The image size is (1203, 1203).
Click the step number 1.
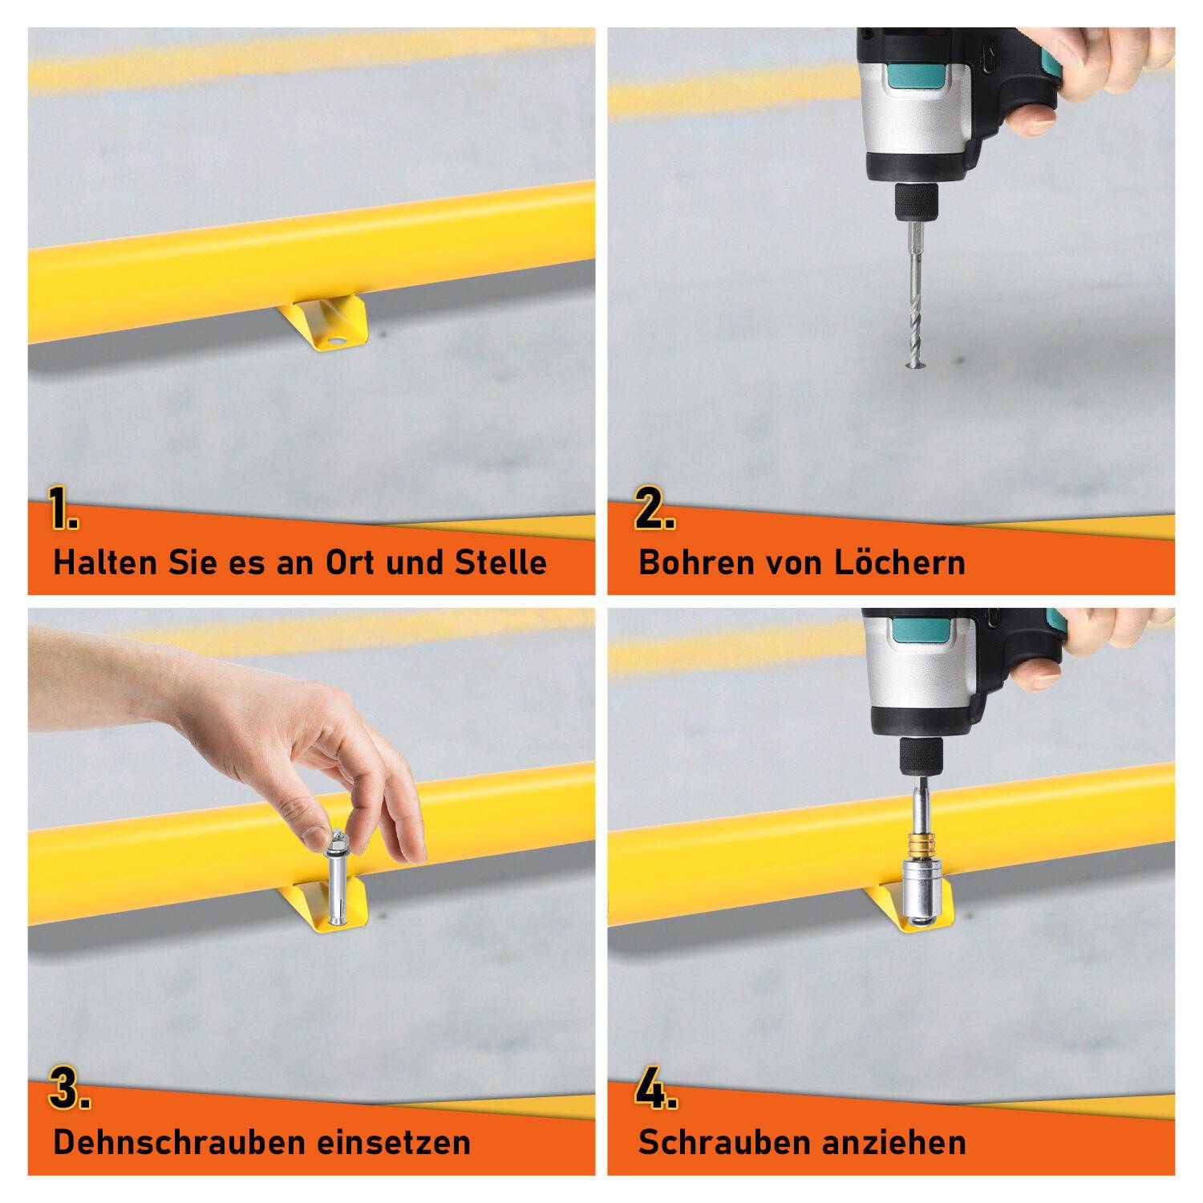coord(62,508)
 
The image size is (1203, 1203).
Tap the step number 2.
coord(654,508)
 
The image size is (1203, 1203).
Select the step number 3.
coord(68,1088)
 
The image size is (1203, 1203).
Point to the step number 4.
coord(655,1088)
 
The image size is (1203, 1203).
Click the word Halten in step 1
coord(105,562)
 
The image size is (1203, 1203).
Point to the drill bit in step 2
coord(915,321)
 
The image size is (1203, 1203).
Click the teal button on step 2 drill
coord(921,77)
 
